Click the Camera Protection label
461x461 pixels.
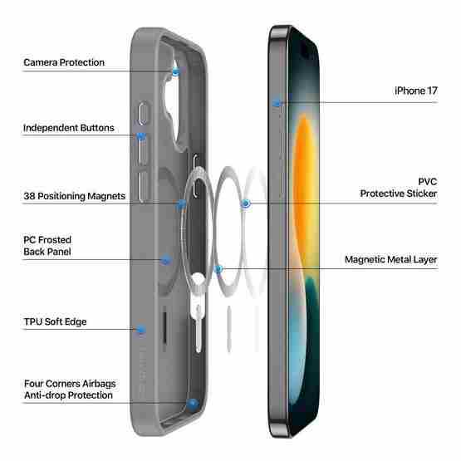click(x=64, y=62)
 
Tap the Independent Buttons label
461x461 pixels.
click(x=68, y=128)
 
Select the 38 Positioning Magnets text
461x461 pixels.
click(x=75, y=196)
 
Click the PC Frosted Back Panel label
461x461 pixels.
click(x=47, y=246)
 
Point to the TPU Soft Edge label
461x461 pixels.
click(x=56, y=321)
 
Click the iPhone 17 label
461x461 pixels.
click(x=416, y=91)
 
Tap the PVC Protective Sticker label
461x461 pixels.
click(x=399, y=188)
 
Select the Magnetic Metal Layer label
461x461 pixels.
click(x=391, y=260)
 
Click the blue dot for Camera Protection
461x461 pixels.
click(x=175, y=71)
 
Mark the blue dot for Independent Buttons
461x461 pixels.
click(x=141, y=136)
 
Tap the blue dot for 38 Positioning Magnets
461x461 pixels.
click(x=181, y=204)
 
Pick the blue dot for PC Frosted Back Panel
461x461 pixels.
click(x=166, y=260)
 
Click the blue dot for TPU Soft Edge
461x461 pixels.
click(x=141, y=330)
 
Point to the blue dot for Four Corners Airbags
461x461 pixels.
click(x=193, y=403)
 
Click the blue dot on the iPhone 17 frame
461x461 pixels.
click(x=277, y=103)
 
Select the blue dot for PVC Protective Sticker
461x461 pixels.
click(x=246, y=204)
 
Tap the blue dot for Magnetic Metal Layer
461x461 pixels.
click(x=218, y=268)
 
